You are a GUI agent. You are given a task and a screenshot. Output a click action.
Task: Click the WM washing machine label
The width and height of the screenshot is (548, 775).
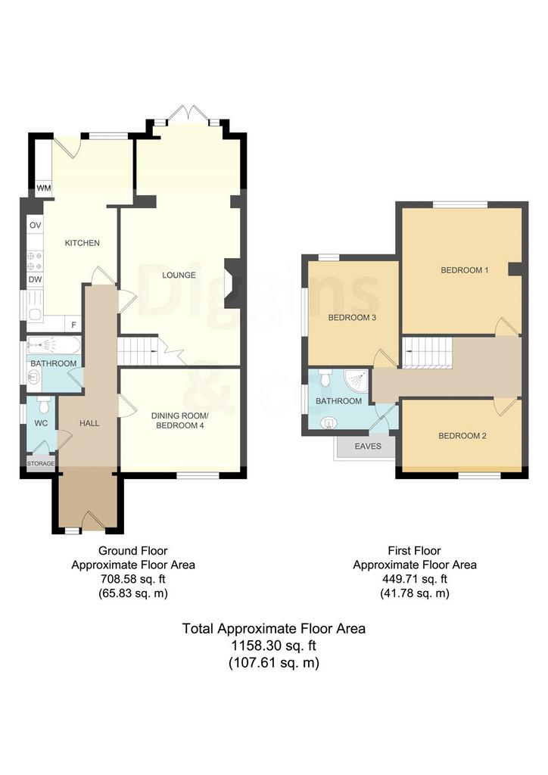coord(43,188)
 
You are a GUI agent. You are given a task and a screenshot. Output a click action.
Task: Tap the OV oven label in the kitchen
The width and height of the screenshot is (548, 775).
coord(35,226)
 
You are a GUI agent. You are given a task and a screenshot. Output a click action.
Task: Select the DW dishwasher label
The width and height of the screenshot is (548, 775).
coord(35,279)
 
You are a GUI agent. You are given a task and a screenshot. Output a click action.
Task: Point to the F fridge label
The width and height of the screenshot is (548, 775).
coord(73,325)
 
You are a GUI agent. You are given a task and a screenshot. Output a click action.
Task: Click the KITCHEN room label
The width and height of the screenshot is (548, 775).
coord(82,243)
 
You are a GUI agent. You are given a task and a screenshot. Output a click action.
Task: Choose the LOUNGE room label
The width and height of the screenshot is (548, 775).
coord(179,275)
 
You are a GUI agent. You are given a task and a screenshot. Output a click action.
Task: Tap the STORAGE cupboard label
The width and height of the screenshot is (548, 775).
coord(41,464)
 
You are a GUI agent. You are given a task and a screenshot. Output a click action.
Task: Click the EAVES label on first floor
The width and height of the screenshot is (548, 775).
coord(368,446)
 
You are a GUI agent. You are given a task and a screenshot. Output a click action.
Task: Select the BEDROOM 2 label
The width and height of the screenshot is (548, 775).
coord(462,435)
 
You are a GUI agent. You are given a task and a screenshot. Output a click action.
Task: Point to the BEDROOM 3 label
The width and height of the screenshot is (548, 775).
coord(352,317)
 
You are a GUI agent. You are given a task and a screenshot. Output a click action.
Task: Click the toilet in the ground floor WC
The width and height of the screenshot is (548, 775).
coord(44,405)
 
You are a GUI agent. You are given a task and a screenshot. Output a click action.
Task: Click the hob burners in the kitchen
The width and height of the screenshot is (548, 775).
coord(35,261)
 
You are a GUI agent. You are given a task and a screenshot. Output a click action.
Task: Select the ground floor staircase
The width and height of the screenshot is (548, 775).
coord(138,350)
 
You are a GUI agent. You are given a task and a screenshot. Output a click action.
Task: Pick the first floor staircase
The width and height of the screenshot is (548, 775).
coord(428,353)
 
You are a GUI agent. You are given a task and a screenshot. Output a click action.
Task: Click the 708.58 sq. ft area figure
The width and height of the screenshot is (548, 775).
coord(132,579)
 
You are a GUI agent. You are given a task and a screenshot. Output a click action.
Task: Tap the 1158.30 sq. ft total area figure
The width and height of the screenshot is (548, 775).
coord(273,646)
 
